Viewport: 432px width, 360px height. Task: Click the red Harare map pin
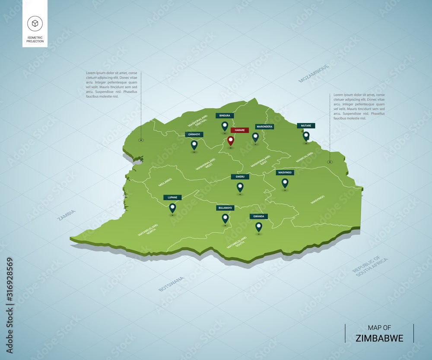coord(231,141)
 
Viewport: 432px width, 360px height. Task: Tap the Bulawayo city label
coord(225,208)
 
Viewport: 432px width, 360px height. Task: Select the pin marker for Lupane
coord(172,208)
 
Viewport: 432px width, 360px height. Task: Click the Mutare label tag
coord(306,126)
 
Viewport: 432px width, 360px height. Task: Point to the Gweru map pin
coord(240,187)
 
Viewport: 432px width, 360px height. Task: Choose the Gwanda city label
coord(258,216)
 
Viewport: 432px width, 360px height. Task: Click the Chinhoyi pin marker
coord(194,145)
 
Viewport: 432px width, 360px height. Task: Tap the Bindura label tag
coord(225,116)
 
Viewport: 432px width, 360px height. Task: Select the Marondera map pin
coord(255,137)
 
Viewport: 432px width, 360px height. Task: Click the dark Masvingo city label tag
coord(285,172)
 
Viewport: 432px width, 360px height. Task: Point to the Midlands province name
coord(165,182)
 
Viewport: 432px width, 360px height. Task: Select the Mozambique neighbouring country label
coord(314,73)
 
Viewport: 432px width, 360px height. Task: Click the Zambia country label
coord(67,215)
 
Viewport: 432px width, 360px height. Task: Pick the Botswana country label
coord(171,284)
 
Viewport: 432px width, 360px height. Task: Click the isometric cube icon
coord(35,23)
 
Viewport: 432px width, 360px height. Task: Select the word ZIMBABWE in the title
coord(379,338)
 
